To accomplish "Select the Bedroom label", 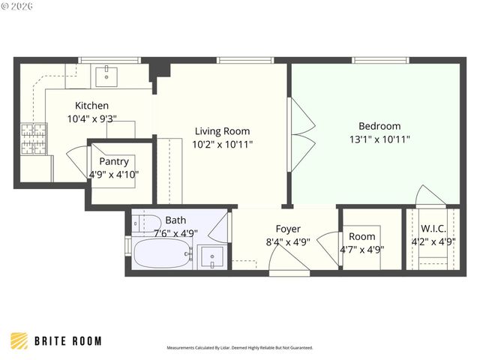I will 379,126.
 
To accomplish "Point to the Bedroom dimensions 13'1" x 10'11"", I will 379,139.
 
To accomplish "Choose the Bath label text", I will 175,220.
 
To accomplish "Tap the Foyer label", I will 288,229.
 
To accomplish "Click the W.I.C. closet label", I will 433,229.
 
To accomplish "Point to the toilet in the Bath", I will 144,223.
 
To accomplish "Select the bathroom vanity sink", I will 213,257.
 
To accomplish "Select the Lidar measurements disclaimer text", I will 239,348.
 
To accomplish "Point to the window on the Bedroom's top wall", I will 375,60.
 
